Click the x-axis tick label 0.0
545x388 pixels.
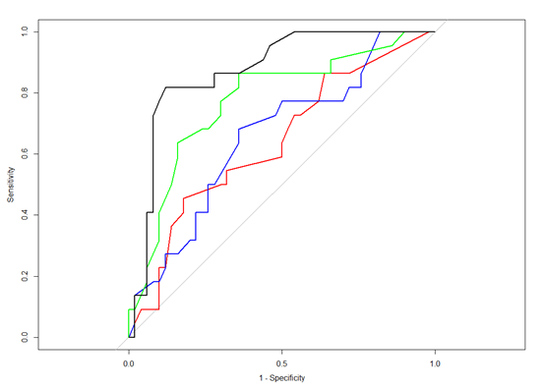click(129, 363)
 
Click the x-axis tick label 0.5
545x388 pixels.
click(281, 363)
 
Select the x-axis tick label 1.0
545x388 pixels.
click(435, 363)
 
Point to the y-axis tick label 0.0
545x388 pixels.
click(25, 337)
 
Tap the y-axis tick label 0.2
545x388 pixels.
click(25, 276)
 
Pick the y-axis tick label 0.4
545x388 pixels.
click(25, 215)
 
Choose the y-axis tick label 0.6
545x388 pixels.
click(25, 154)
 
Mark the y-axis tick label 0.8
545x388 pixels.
click(25, 92)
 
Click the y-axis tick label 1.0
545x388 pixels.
click(25, 31)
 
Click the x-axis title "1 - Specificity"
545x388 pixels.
click(282, 378)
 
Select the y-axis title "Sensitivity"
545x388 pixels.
click(11, 185)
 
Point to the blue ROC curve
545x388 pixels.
click(239, 129)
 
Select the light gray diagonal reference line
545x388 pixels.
click(281, 185)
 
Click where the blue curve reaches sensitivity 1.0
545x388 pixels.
click(380, 32)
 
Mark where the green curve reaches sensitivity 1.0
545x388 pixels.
click(404, 32)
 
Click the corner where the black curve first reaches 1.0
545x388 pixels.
click(294, 32)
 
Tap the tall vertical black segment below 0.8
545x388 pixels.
click(152, 164)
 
